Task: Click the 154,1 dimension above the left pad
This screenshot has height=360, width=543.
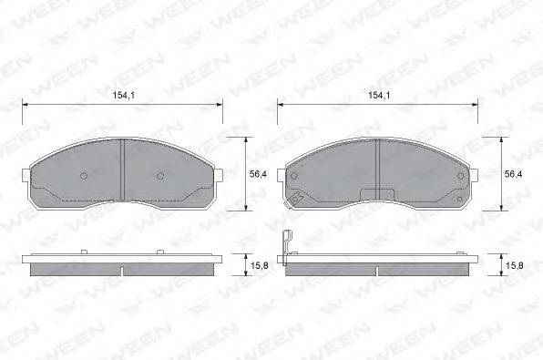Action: (124, 95)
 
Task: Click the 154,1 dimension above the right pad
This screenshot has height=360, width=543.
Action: (379, 95)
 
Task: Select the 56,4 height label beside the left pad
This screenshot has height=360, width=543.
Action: (258, 174)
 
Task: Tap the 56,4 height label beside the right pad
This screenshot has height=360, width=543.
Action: (513, 174)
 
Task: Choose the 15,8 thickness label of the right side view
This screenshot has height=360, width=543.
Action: (515, 266)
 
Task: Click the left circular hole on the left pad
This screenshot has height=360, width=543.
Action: (84, 176)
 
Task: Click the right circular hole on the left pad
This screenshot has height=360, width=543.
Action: (160, 176)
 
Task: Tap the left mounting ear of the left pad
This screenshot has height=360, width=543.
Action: (26, 175)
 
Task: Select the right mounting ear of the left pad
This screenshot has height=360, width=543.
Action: (218, 175)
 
